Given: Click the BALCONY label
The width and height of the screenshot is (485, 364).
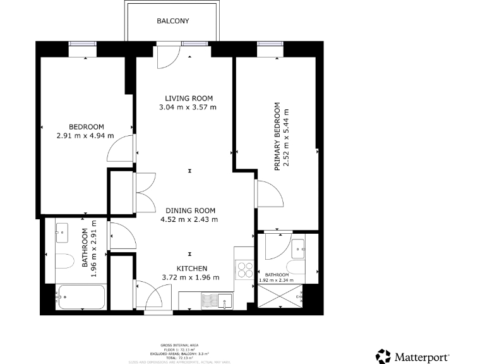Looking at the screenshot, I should click(172, 21).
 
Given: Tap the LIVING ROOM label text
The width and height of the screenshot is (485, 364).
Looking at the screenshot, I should click(189, 99).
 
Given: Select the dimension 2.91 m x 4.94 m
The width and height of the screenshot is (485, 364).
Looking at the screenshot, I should click(85, 135).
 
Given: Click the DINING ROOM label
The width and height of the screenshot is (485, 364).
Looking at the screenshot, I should click(190, 211).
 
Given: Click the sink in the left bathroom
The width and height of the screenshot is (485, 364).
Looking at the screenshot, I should click(63, 233).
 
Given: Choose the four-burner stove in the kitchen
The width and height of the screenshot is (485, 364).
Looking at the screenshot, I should click(244, 270).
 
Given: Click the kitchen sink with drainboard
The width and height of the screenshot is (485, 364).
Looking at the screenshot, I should click(217, 300).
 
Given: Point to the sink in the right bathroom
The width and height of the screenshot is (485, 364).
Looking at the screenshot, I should click(298, 246).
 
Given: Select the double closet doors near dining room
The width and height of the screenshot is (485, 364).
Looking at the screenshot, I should click(145, 193).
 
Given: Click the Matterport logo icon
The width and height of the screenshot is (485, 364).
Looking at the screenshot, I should click(383, 356).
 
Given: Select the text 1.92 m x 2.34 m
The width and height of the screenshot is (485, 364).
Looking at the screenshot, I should click(277, 280).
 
